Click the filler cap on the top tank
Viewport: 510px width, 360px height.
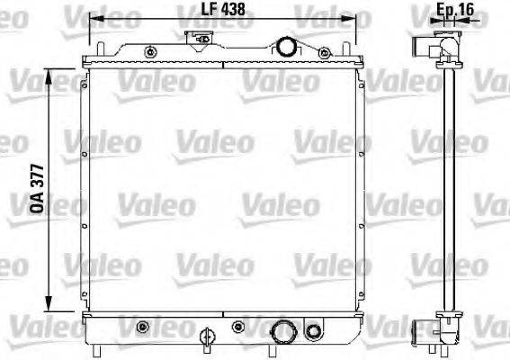[199, 39]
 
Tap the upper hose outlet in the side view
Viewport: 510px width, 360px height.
[422, 46]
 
